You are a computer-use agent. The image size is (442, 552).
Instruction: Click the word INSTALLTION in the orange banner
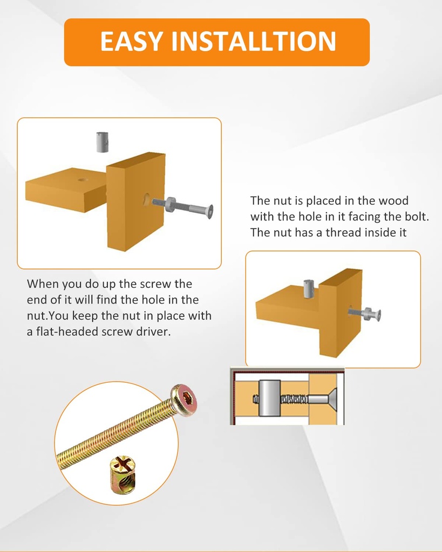pos(253,42)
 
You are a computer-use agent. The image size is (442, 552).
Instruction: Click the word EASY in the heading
pos(131,42)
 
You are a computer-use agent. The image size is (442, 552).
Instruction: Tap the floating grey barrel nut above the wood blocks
pos(103,142)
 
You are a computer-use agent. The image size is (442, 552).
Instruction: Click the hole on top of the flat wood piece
pos(83,178)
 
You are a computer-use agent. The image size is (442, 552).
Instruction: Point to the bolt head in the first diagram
pos(209,211)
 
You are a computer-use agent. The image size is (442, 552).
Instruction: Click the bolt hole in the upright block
pos(146,200)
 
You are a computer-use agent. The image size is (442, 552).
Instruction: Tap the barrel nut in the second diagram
pos(309,288)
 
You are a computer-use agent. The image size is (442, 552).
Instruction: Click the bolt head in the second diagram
pos(378,315)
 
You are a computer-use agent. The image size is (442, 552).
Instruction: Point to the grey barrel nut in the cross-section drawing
pos(269,398)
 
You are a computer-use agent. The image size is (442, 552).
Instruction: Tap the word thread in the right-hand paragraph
pos(347,233)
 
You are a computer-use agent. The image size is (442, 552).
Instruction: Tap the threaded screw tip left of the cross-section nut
pos(256,399)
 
